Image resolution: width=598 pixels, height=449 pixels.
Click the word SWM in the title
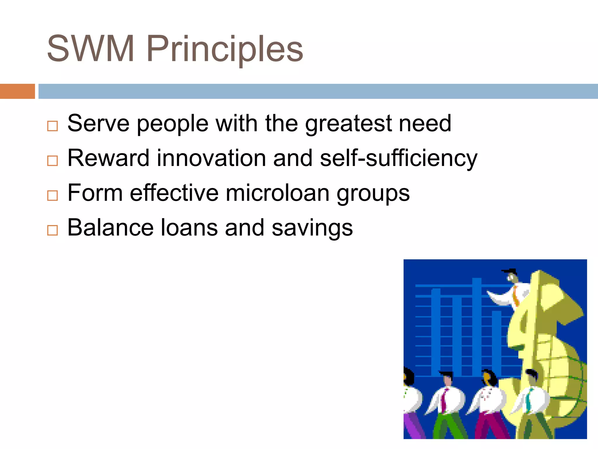click(91, 49)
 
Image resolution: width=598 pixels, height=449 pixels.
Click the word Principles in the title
click(225, 49)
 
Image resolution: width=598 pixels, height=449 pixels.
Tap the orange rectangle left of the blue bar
click(17, 91)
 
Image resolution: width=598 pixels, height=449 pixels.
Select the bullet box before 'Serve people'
click(53, 126)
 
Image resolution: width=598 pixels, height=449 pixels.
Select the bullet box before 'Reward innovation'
click(53, 161)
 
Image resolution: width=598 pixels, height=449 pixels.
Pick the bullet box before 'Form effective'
click(53, 196)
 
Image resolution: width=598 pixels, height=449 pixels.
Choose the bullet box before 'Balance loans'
click(53, 230)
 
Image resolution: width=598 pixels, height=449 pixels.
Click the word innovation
click(211, 158)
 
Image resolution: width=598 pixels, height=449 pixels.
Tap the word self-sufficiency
click(399, 158)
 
